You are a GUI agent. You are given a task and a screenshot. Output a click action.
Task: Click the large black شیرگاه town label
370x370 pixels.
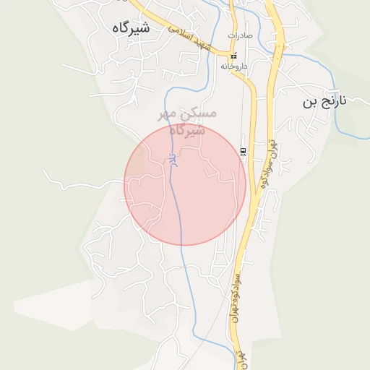pyautogui.click(x=132, y=27)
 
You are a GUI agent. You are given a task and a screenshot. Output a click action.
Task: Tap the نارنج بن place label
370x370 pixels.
pyautogui.click(x=324, y=101)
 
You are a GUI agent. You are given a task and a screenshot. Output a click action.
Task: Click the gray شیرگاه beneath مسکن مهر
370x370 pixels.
pyautogui.click(x=187, y=131)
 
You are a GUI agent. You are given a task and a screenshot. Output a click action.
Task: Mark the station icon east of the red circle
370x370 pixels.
pyautogui.click(x=243, y=151)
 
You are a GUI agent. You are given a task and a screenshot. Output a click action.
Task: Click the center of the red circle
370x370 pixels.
pyautogui.click(x=185, y=184)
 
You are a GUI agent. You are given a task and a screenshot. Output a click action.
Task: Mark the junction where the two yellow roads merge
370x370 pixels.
pyautogui.click(x=254, y=210)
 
